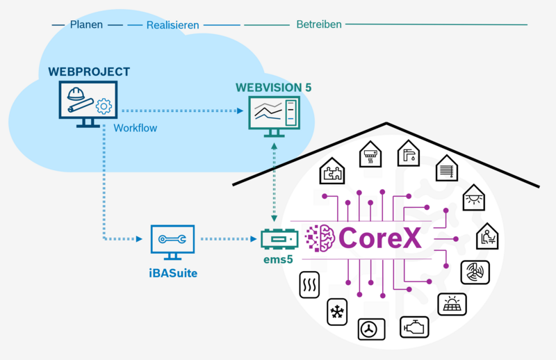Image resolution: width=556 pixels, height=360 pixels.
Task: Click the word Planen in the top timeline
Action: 86,24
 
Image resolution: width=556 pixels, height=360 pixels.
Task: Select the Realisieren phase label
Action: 172,25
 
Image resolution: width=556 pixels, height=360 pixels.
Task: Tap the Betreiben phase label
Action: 319,24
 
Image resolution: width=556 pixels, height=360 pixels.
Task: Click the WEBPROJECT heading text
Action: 89,72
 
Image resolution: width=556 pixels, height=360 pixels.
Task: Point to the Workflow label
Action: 135,128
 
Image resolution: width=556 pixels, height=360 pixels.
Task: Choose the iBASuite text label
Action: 173,273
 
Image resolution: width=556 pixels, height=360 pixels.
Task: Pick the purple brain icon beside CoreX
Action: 321,238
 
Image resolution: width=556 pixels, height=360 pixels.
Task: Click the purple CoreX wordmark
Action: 380,238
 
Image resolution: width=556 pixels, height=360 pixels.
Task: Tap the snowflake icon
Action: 338,313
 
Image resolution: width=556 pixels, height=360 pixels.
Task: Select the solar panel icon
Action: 452,304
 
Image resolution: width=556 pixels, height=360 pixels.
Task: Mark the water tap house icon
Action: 410,153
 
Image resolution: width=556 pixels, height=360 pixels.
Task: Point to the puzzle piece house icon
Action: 332,171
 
